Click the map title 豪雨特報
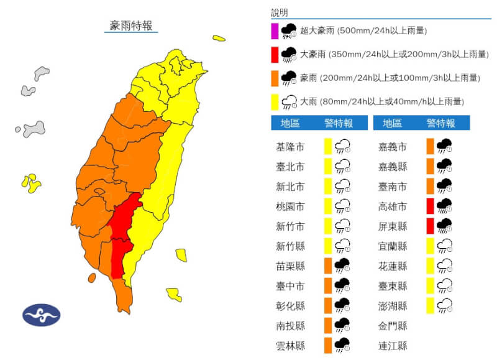(x=130, y=25)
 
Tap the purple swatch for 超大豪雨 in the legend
(x=275, y=31)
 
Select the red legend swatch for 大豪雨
(x=275, y=55)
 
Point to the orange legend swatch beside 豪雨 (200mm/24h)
(x=275, y=78)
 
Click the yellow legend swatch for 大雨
(x=275, y=101)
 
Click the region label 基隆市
(x=290, y=147)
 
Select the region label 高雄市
(x=393, y=206)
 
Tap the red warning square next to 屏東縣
(x=430, y=226)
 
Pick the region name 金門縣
(x=393, y=325)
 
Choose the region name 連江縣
(x=393, y=345)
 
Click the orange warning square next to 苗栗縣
(x=327, y=265)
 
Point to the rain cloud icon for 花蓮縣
(x=444, y=266)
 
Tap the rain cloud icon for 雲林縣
(x=342, y=345)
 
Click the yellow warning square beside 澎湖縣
(x=430, y=305)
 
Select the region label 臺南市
(x=393, y=187)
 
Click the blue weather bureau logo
(x=42, y=315)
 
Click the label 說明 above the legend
(x=280, y=12)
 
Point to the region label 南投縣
(x=290, y=325)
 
